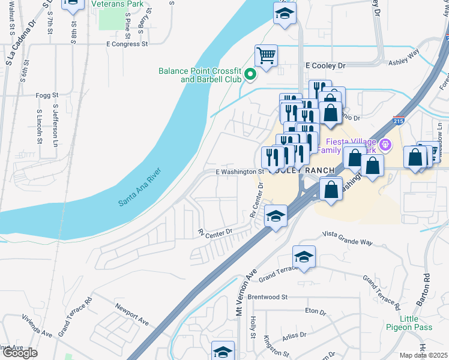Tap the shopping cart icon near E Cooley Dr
[266, 56]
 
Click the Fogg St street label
[47, 95]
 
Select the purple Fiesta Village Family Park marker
[385, 144]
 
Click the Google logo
[20, 353]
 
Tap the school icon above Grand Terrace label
[304, 257]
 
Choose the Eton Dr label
[315, 312]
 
